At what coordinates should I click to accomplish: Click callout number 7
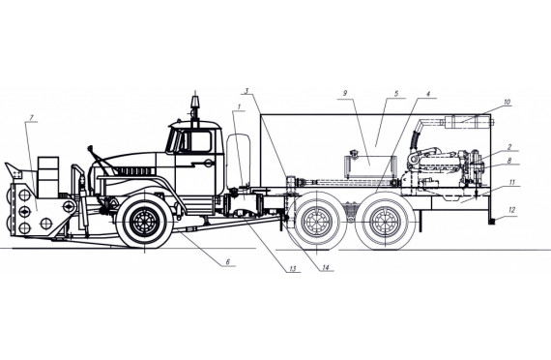click(x=32, y=118)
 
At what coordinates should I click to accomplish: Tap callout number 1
click(x=240, y=106)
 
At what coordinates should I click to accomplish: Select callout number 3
click(x=246, y=90)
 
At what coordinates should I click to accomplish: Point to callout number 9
click(x=345, y=93)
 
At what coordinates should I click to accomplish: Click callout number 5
click(x=396, y=93)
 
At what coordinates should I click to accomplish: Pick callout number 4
click(x=428, y=94)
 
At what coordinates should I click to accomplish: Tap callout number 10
click(x=507, y=102)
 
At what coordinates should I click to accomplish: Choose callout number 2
click(x=509, y=147)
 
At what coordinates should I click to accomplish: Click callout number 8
click(x=509, y=161)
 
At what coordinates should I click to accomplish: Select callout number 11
click(x=511, y=182)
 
